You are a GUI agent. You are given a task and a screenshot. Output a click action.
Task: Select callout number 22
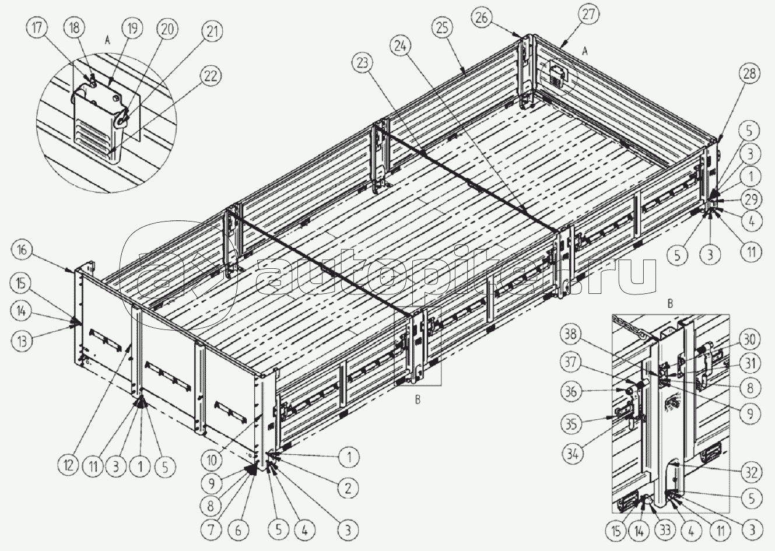pyautogui.click(x=211, y=76)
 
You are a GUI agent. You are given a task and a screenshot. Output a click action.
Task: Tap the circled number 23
pyautogui.click(x=362, y=64)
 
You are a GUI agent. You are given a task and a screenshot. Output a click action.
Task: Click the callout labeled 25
pyautogui.click(x=442, y=28)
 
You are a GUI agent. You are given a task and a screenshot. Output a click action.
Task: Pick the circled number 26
pyautogui.click(x=482, y=17)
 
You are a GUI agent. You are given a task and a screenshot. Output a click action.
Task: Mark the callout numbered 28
pyautogui.click(x=749, y=74)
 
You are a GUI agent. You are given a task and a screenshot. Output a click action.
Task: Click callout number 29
pyautogui.click(x=751, y=199)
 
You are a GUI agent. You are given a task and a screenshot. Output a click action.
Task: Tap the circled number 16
pyautogui.click(x=22, y=250)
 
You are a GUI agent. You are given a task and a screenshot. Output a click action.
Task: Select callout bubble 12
pyautogui.click(x=68, y=466)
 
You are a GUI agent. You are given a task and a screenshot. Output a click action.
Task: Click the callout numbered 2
pyautogui.click(x=348, y=488)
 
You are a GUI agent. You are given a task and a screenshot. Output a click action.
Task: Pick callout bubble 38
pyautogui.click(x=571, y=335)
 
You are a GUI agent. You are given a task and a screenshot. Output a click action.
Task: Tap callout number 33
pyautogui.click(x=665, y=530)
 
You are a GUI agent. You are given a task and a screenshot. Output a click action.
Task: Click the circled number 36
pyautogui.click(x=571, y=392)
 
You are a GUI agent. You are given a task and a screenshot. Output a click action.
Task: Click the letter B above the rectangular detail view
pyautogui.click(x=670, y=304)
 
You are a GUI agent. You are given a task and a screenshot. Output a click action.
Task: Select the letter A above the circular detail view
pyautogui.click(x=108, y=41)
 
